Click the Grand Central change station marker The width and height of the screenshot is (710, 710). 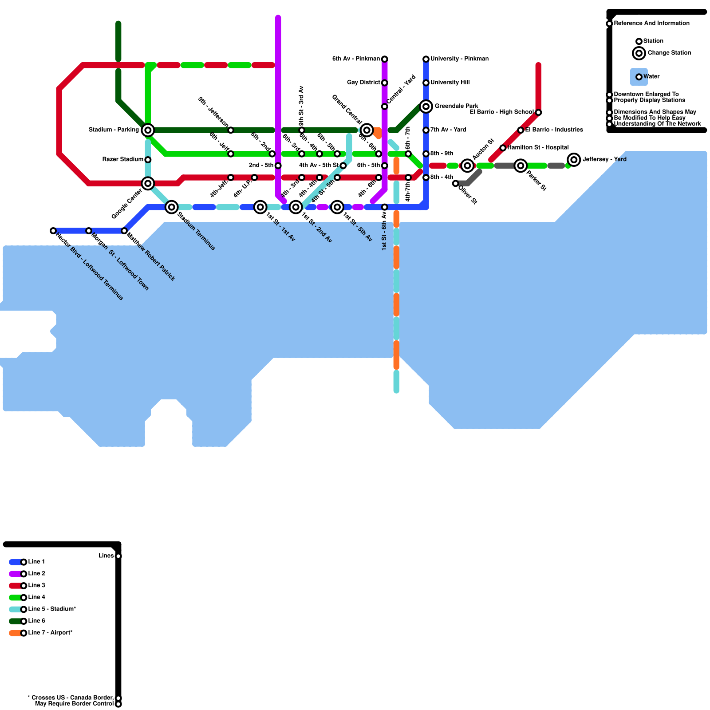click(x=367, y=130)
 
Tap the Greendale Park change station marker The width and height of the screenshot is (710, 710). click(x=426, y=106)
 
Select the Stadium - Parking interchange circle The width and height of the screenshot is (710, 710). click(x=148, y=130)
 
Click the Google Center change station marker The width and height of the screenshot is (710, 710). click(x=148, y=183)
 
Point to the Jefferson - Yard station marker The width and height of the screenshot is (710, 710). click(x=574, y=160)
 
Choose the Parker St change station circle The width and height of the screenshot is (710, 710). click(x=521, y=166)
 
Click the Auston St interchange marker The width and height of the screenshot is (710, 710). click(x=467, y=166)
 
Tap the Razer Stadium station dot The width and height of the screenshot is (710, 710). click(x=148, y=160)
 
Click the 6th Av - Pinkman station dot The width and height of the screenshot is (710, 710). click(x=385, y=59)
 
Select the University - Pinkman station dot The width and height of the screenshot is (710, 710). click(x=426, y=59)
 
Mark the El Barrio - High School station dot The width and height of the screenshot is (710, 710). click(x=538, y=112)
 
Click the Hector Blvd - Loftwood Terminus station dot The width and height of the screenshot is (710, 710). click(x=53, y=231)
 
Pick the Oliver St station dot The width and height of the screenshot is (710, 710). click(x=455, y=183)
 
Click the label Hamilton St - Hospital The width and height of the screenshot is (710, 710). click(x=538, y=147)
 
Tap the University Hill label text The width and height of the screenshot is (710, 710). click(x=450, y=83)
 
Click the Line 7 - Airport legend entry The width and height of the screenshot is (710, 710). click(x=50, y=633)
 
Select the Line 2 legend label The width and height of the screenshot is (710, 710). click(x=37, y=574)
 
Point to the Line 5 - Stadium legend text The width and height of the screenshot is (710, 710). click(x=52, y=609)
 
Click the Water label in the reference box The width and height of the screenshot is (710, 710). click(x=651, y=77)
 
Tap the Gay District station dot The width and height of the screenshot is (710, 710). click(x=385, y=83)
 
